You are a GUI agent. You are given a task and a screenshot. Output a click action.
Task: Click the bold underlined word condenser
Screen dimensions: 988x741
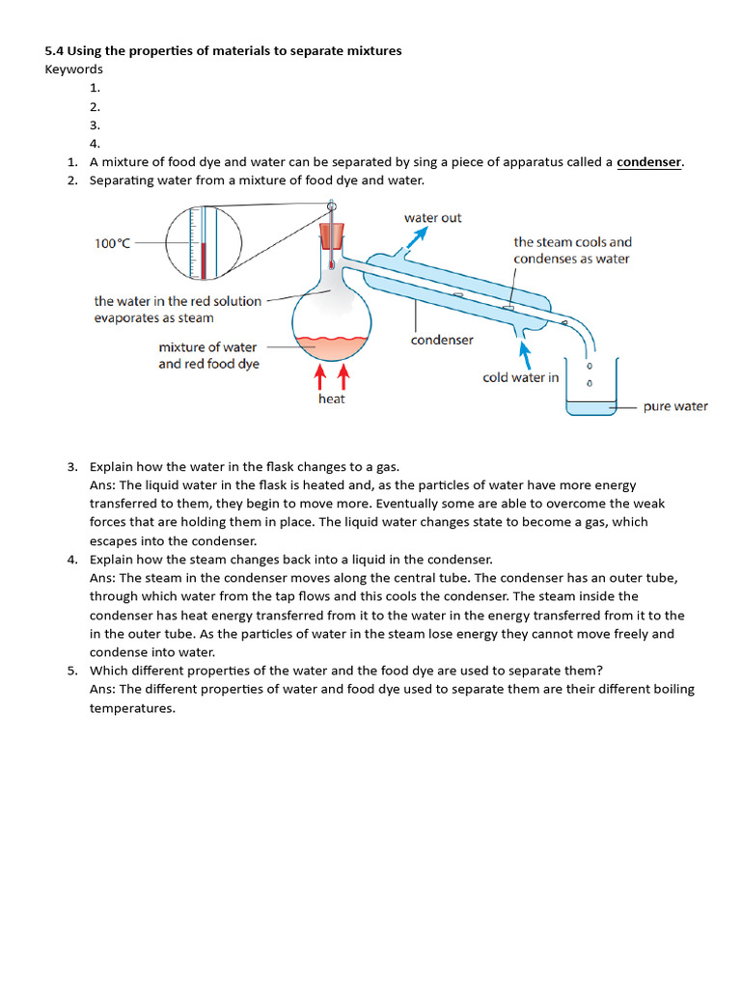click(649, 162)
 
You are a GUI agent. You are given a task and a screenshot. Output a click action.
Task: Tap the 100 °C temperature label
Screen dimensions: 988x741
click(112, 244)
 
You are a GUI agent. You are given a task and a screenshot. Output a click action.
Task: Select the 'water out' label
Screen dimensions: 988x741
click(432, 218)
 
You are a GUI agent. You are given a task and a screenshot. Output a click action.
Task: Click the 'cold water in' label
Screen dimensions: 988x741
click(520, 378)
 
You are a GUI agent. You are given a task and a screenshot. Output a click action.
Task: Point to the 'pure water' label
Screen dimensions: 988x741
click(675, 406)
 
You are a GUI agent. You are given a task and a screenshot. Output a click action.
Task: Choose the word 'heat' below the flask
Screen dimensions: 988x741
click(331, 398)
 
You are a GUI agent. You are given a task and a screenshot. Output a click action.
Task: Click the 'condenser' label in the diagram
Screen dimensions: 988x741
click(442, 341)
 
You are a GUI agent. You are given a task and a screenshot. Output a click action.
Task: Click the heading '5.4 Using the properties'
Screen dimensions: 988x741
click(223, 50)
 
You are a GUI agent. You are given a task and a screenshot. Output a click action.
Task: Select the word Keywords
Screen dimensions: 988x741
click(73, 69)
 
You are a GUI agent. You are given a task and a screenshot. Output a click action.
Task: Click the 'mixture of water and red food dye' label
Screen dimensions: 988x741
click(208, 355)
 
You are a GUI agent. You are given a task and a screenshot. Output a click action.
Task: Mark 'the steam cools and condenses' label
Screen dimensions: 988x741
click(572, 251)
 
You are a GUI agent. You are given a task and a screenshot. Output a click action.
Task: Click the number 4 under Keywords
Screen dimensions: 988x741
click(95, 144)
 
